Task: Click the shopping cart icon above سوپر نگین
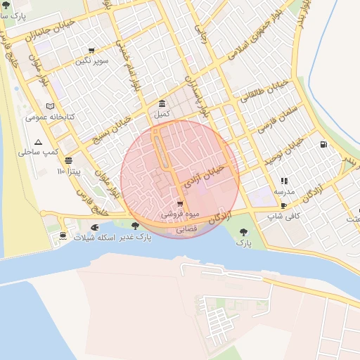[91, 51]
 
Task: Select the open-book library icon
[49, 105]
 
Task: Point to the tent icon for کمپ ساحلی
[39, 141]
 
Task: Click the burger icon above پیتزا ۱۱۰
[68, 160]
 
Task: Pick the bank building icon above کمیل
[162, 103]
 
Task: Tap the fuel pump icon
[323, 145]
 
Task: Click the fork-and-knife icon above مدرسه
[284, 181]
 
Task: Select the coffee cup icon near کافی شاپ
[283, 206]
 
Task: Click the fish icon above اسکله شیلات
[94, 228]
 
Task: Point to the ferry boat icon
[63, 235]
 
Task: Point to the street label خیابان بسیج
[112, 130]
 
